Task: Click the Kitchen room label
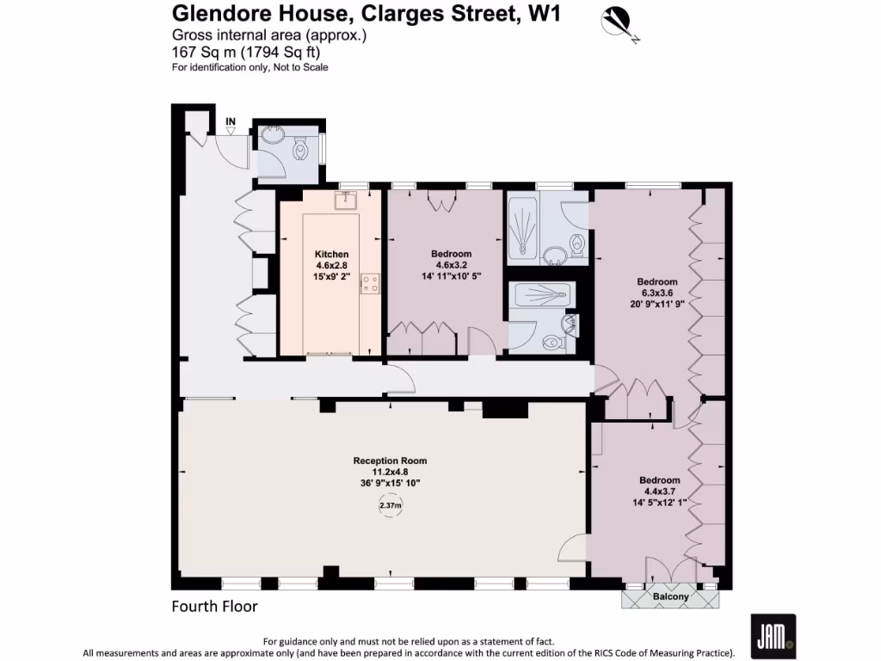(x=331, y=254)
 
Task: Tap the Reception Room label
(x=390, y=460)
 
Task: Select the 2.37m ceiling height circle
(x=390, y=506)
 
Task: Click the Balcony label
(x=670, y=596)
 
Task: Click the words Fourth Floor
(x=214, y=607)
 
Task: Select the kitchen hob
(x=371, y=283)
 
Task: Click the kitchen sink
(x=347, y=201)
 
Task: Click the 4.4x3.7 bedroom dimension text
(x=659, y=491)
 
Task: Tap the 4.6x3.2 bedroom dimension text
(x=451, y=265)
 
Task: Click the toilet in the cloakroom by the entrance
(x=300, y=151)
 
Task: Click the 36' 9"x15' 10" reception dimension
(x=390, y=484)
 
